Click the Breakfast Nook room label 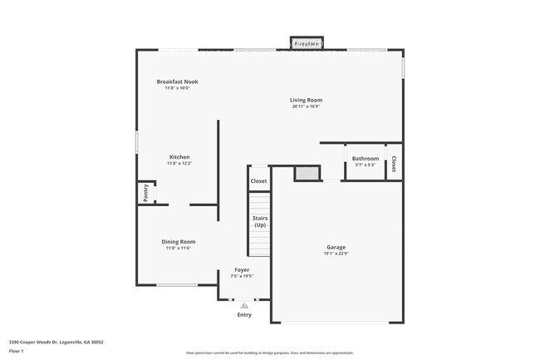click(x=178, y=81)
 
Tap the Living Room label click(x=306, y=100)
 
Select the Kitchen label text click(x=179, y=157)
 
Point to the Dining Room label click(x=179, y=242)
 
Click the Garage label click(x=336, y=247)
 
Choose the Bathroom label click(x=366, y=158)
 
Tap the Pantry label click(x=145, y=193)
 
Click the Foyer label click(x=242, y=270)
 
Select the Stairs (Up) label click(x=260, y=222)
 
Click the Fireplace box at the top click(x=307, y=43)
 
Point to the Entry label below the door click(x=244, y=315)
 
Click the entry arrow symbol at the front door click(x=244, y=305)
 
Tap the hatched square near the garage click(x=307, y=173)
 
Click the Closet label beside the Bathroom click(x=394, y=164)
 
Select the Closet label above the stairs click(x=259, y=180)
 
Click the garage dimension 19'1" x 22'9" click(x=336, y=254)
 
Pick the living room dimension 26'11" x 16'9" click(x=306, y=106)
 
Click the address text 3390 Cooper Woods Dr click(x=56, y=342)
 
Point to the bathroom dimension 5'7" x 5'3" click(x=366, y=165)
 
